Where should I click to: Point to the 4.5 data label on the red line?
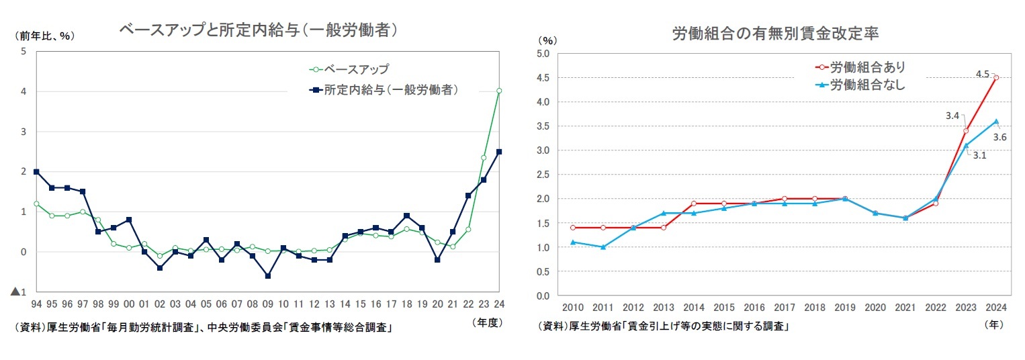tap(982, 74)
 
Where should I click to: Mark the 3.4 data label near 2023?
tap(952, 116)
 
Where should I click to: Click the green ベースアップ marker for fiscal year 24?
tap(499, 91)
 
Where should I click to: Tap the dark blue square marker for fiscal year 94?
tap(36, 172)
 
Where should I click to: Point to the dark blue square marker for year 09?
tap(268, 276)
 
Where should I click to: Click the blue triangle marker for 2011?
tap(603, 247)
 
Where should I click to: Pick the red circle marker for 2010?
tap(572, 228)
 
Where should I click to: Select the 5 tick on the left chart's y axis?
tap(24, 51)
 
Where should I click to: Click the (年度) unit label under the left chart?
tap(487, 322)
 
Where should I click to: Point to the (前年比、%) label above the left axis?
tap(44, 36)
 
